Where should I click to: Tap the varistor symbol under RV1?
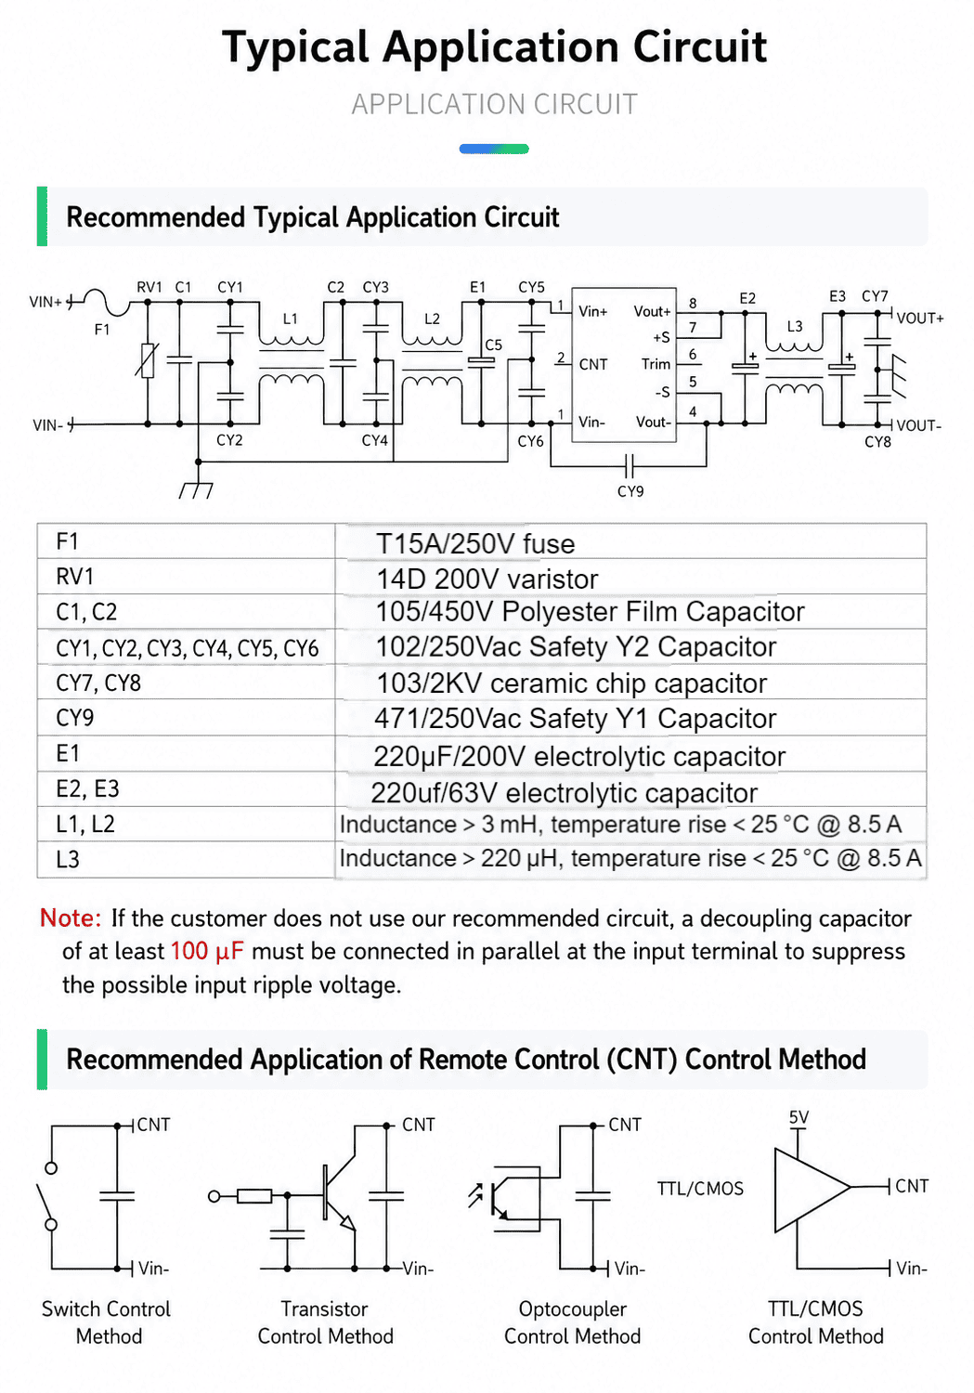[x=148, y=360]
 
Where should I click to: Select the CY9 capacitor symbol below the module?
[x=629, y=464]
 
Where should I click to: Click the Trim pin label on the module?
[x=656, y=364]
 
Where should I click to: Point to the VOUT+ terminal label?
[x=920, y=319]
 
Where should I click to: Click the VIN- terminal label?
[x=48, y=425]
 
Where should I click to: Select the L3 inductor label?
[x=795, y=327]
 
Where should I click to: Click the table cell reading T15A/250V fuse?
[x=475, y=543]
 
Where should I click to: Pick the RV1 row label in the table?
[x=74, y=577]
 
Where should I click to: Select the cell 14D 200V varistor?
[x=487, y=579]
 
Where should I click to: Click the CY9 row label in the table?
[x=74, y=718]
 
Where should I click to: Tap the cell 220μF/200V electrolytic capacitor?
[x=579, y=757]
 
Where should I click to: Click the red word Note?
[x=71, y=918]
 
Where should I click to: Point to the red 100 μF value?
[x=207, y=952]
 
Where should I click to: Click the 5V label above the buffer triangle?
[x=799, y=1117]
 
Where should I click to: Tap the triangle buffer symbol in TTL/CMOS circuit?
[x=812, y=1190]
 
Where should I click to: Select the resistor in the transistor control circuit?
[x=254, y=1196]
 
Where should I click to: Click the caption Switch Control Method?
[x=106, y=1322]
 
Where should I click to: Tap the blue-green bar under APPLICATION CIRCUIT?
[x=494, y=149]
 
